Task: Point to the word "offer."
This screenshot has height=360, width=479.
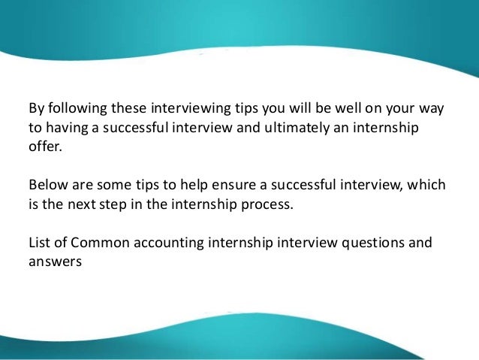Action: tap(42, 146)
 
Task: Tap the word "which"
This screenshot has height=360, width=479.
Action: tap(428, 185)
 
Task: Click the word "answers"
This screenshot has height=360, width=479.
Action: tap(53, 263)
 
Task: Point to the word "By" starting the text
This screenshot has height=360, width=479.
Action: tap(35, 107)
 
